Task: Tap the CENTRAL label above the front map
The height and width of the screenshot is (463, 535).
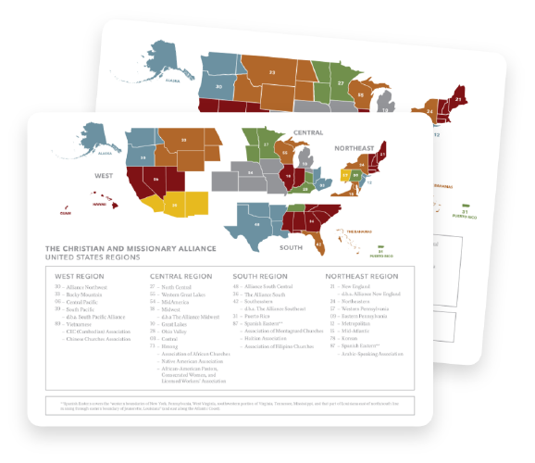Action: tap(308, 132)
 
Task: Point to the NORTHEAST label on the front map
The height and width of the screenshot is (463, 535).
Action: tap(355, 148)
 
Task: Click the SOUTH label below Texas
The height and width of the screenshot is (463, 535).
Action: tap(292, 246)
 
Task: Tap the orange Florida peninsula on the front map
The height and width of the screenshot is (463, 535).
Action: tap(319, 242)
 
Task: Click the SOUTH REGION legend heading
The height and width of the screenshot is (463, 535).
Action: tap(260, 276)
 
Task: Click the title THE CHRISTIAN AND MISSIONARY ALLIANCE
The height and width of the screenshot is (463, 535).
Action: tap(130, 248)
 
